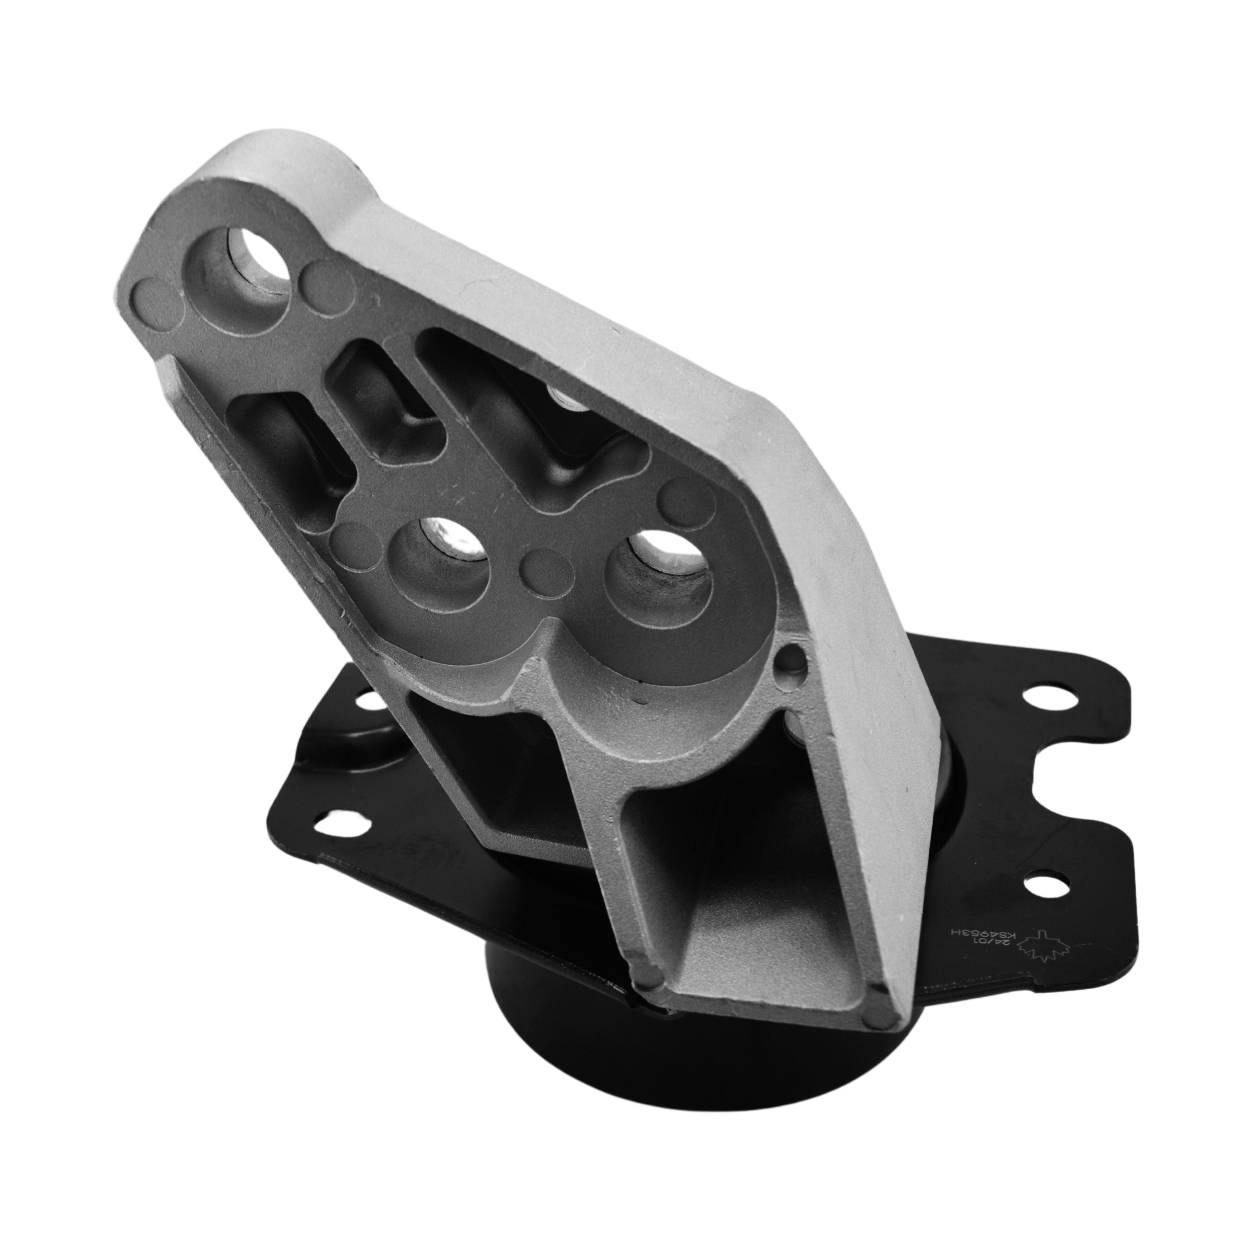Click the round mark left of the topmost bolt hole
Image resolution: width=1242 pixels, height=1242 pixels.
pyautogui.click(x=157, y=302)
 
